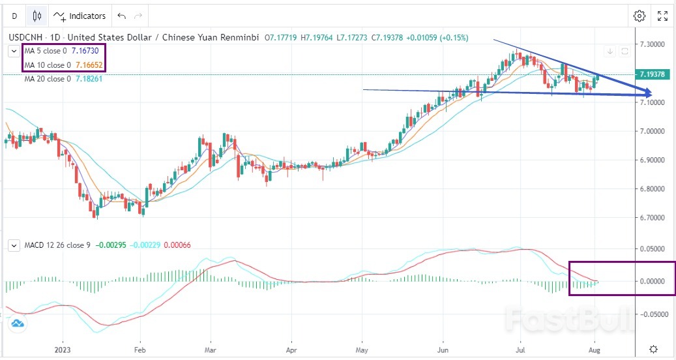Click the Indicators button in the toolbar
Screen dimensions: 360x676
tap(80, 16)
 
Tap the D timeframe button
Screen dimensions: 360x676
tap(14, 16)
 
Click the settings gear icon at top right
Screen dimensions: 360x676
tap(639, 16)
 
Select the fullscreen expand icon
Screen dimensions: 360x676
tap(662, 16)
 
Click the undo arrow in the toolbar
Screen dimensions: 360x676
tap(121, 16)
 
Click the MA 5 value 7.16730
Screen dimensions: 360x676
tap(84, 51)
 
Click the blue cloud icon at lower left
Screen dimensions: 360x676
tap(17, 323)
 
